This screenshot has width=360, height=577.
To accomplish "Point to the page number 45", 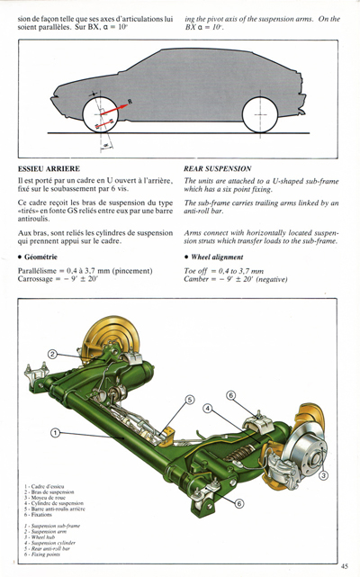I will (345, 565).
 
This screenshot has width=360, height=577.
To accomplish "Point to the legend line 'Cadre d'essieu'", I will (52, 486).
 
